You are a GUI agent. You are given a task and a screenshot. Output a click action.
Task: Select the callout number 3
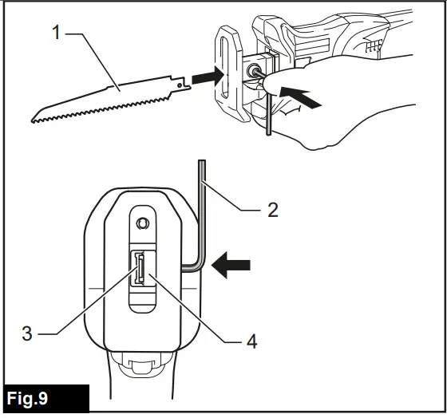(27, 333)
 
